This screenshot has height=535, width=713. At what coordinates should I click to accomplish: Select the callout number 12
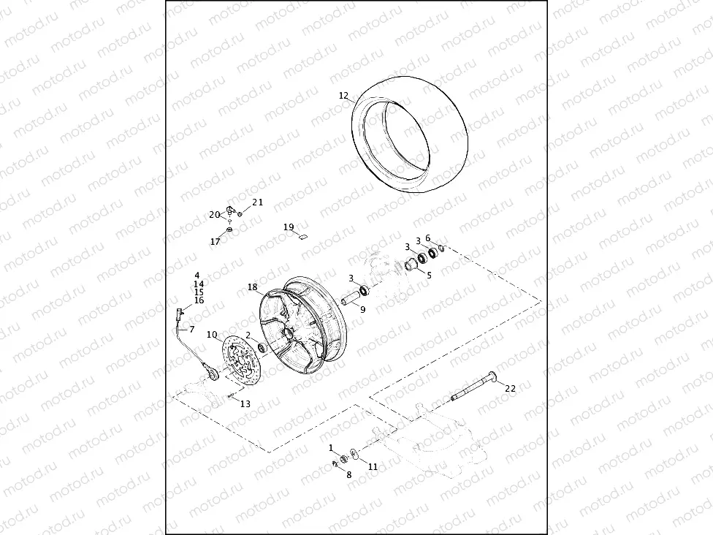343,96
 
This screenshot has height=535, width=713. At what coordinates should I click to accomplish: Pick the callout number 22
510,388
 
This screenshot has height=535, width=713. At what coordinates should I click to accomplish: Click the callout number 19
289,227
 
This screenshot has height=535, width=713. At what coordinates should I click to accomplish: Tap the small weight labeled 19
305,235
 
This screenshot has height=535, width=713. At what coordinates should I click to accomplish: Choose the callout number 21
257,202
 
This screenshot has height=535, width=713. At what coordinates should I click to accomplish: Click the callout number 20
214,215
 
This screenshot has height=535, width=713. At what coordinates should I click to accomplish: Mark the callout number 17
216,242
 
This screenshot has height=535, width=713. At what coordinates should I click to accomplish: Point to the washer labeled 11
354,455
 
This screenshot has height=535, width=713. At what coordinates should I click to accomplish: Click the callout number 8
348,475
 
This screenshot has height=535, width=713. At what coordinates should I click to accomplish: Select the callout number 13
245,404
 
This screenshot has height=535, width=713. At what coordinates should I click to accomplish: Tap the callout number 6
428,238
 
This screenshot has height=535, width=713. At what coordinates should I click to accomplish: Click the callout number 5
429,276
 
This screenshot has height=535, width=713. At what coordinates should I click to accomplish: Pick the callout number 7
191,330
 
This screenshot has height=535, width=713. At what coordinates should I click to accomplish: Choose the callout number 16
199,300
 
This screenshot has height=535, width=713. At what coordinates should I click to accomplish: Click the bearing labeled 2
261,344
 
